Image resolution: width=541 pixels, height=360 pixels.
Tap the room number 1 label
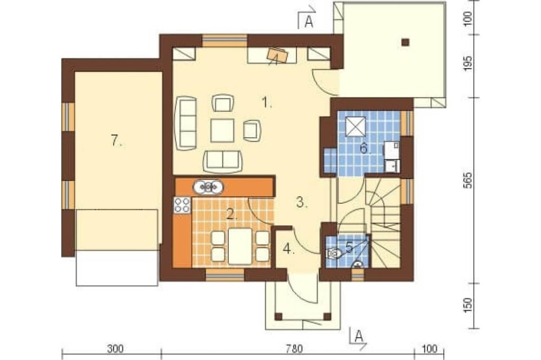(x=266, y=102)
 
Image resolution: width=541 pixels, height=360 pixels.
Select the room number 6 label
(x=365, y=149)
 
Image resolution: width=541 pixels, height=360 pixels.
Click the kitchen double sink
(x=208, y=187)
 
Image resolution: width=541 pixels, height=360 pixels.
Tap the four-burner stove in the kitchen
(x=182, y=204)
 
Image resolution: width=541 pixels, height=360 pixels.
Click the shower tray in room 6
(x=356, y=126)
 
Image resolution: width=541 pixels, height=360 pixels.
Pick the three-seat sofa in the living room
(x=186, y=123)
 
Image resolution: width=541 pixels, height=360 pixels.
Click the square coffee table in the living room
(x=222, y=130)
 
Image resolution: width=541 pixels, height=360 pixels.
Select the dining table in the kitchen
(x=240, y=246)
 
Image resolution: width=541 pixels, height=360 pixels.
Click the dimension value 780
(x=294, y=349)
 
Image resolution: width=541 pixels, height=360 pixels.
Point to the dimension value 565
(x=467, y=180)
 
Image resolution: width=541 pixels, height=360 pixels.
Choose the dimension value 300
(x=115, y=349)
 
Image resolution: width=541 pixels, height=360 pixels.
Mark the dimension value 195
(x=467, y=63)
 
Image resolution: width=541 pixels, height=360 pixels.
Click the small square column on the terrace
(x=405, y=42)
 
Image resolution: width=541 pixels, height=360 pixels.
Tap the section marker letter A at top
(x=309, y=22)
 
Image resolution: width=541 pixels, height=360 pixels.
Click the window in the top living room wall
(x=225, y=41)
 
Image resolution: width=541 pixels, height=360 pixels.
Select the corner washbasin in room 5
(x=359, y=264)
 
